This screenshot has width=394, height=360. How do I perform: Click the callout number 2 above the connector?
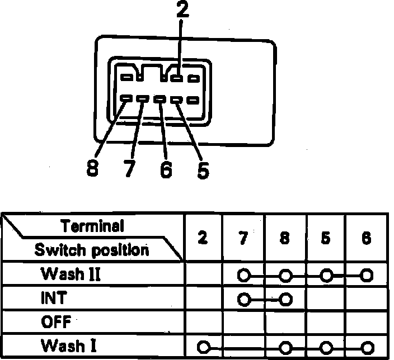pos(181,12)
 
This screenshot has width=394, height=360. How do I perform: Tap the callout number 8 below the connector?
pos(93,168)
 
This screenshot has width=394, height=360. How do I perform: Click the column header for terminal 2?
pos(203,238)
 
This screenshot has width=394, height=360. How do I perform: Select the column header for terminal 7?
pos(243,238)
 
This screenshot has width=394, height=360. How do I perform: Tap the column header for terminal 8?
pos(285,238)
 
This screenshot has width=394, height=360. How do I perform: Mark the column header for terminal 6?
pos(367,238)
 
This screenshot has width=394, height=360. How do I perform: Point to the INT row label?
pos(53,299)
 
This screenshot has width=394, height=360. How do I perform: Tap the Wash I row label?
pos(66,345)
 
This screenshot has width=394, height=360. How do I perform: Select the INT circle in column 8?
pos(285,299)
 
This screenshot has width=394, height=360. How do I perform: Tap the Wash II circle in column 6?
pos(367,275)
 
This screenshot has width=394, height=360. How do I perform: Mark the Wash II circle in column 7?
pos(243,275)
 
